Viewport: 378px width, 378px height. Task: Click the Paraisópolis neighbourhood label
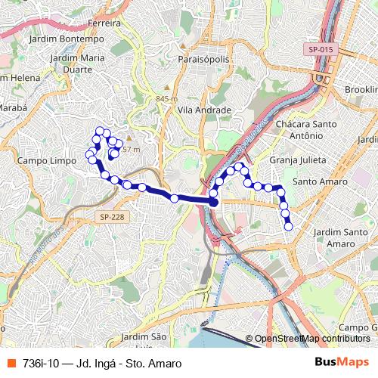click(x=202, y=58)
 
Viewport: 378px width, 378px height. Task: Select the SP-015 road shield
click(x=321, y=49)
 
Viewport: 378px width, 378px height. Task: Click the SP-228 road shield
click(x=111, y=217)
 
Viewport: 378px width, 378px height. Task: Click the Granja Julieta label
click(x=297, y=161)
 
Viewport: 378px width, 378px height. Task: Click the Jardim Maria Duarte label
click(x=76, y=63)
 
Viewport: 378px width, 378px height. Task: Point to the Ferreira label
click(x=105, y=23)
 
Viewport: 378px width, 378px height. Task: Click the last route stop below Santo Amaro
click(x=288, y=225)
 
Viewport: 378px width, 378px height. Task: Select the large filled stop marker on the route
click(x=214, y=203)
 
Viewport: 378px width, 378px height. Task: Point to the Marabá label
click(x=11, y=108)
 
